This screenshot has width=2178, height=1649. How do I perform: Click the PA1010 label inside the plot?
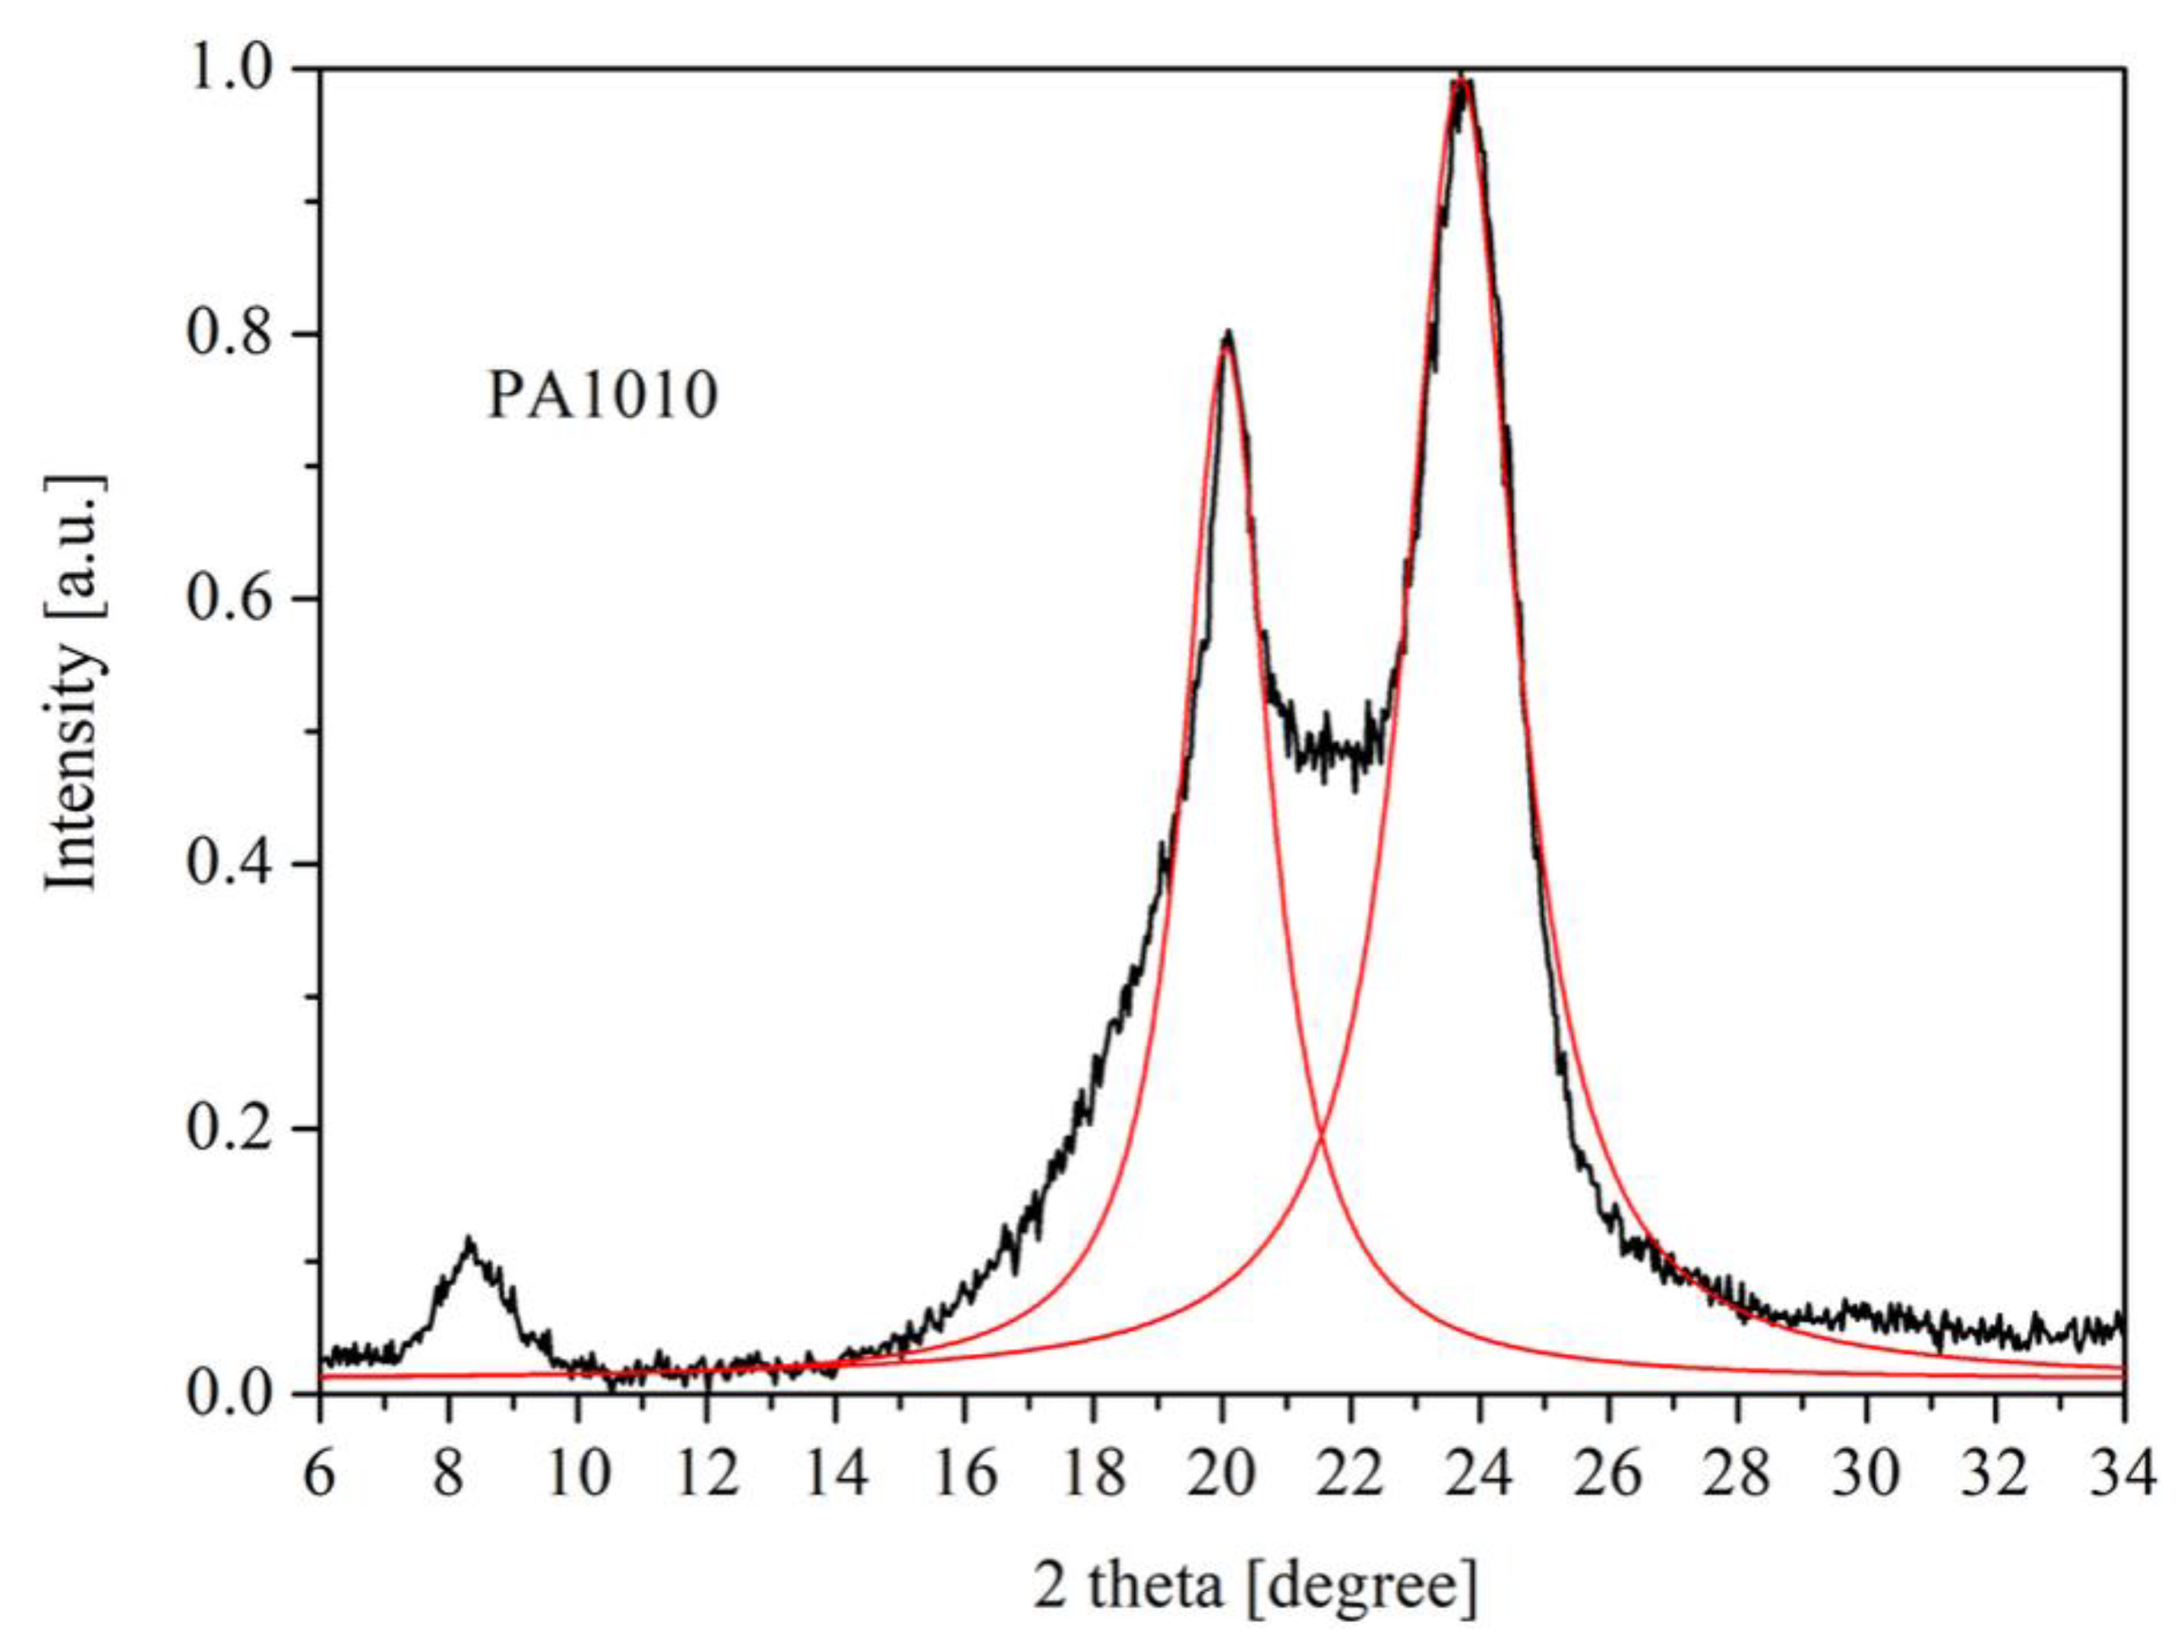point(603,396)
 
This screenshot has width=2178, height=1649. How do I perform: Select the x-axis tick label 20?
point(1222,1473)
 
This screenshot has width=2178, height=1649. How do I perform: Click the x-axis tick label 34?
point(2123,1473)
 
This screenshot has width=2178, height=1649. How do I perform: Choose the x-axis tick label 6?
point(319,1473)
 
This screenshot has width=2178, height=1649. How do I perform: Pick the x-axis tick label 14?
point(835,1473)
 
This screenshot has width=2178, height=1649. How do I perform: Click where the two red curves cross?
point(1319,1139)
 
